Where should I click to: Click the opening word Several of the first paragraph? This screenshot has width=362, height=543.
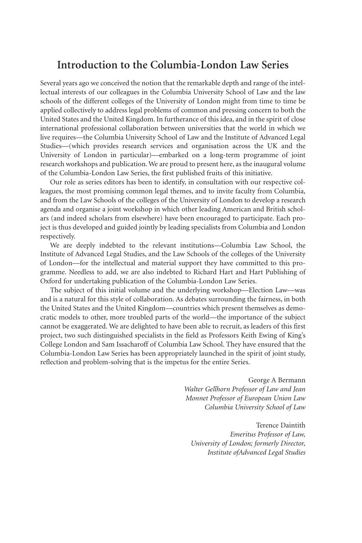click(51, 83)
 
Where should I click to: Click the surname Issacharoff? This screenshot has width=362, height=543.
click(133, 344)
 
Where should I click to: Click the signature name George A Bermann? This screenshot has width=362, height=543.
click(277, 380)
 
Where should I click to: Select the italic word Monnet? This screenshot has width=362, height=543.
click(198, 398)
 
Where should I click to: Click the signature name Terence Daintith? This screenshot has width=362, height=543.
click(280, 425)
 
